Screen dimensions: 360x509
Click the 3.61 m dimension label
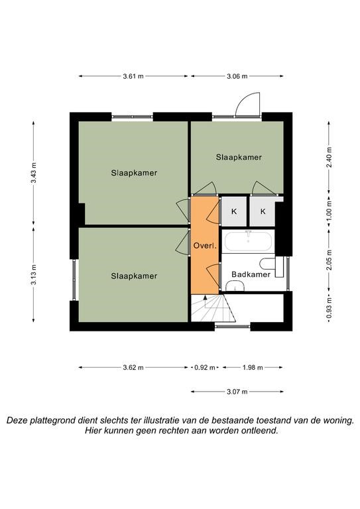pos(133,76)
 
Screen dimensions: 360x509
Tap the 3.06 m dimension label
pos(237,76)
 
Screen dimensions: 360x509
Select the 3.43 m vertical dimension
pos(33,173)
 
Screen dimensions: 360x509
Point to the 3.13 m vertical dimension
pos(33,274)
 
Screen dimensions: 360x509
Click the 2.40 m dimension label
pos(329,157)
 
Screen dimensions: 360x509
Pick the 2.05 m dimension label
pos(329,260)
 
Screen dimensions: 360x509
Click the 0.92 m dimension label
pos(204,368)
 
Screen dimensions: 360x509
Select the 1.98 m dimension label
pos(253,368)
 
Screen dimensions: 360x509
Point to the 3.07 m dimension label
pos(237,392)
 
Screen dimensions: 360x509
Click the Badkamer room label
pos(251,274)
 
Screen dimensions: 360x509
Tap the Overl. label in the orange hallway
pos(205,246)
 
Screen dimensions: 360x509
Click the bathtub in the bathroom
pos(249,241)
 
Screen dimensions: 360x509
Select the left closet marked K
pos(234,211)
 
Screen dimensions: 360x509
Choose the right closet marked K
pos(263,211)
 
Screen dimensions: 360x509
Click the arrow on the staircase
pos(205,302)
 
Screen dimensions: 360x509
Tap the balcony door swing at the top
pos(248,105)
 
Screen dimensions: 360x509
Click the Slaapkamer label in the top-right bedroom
pos(239,157)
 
